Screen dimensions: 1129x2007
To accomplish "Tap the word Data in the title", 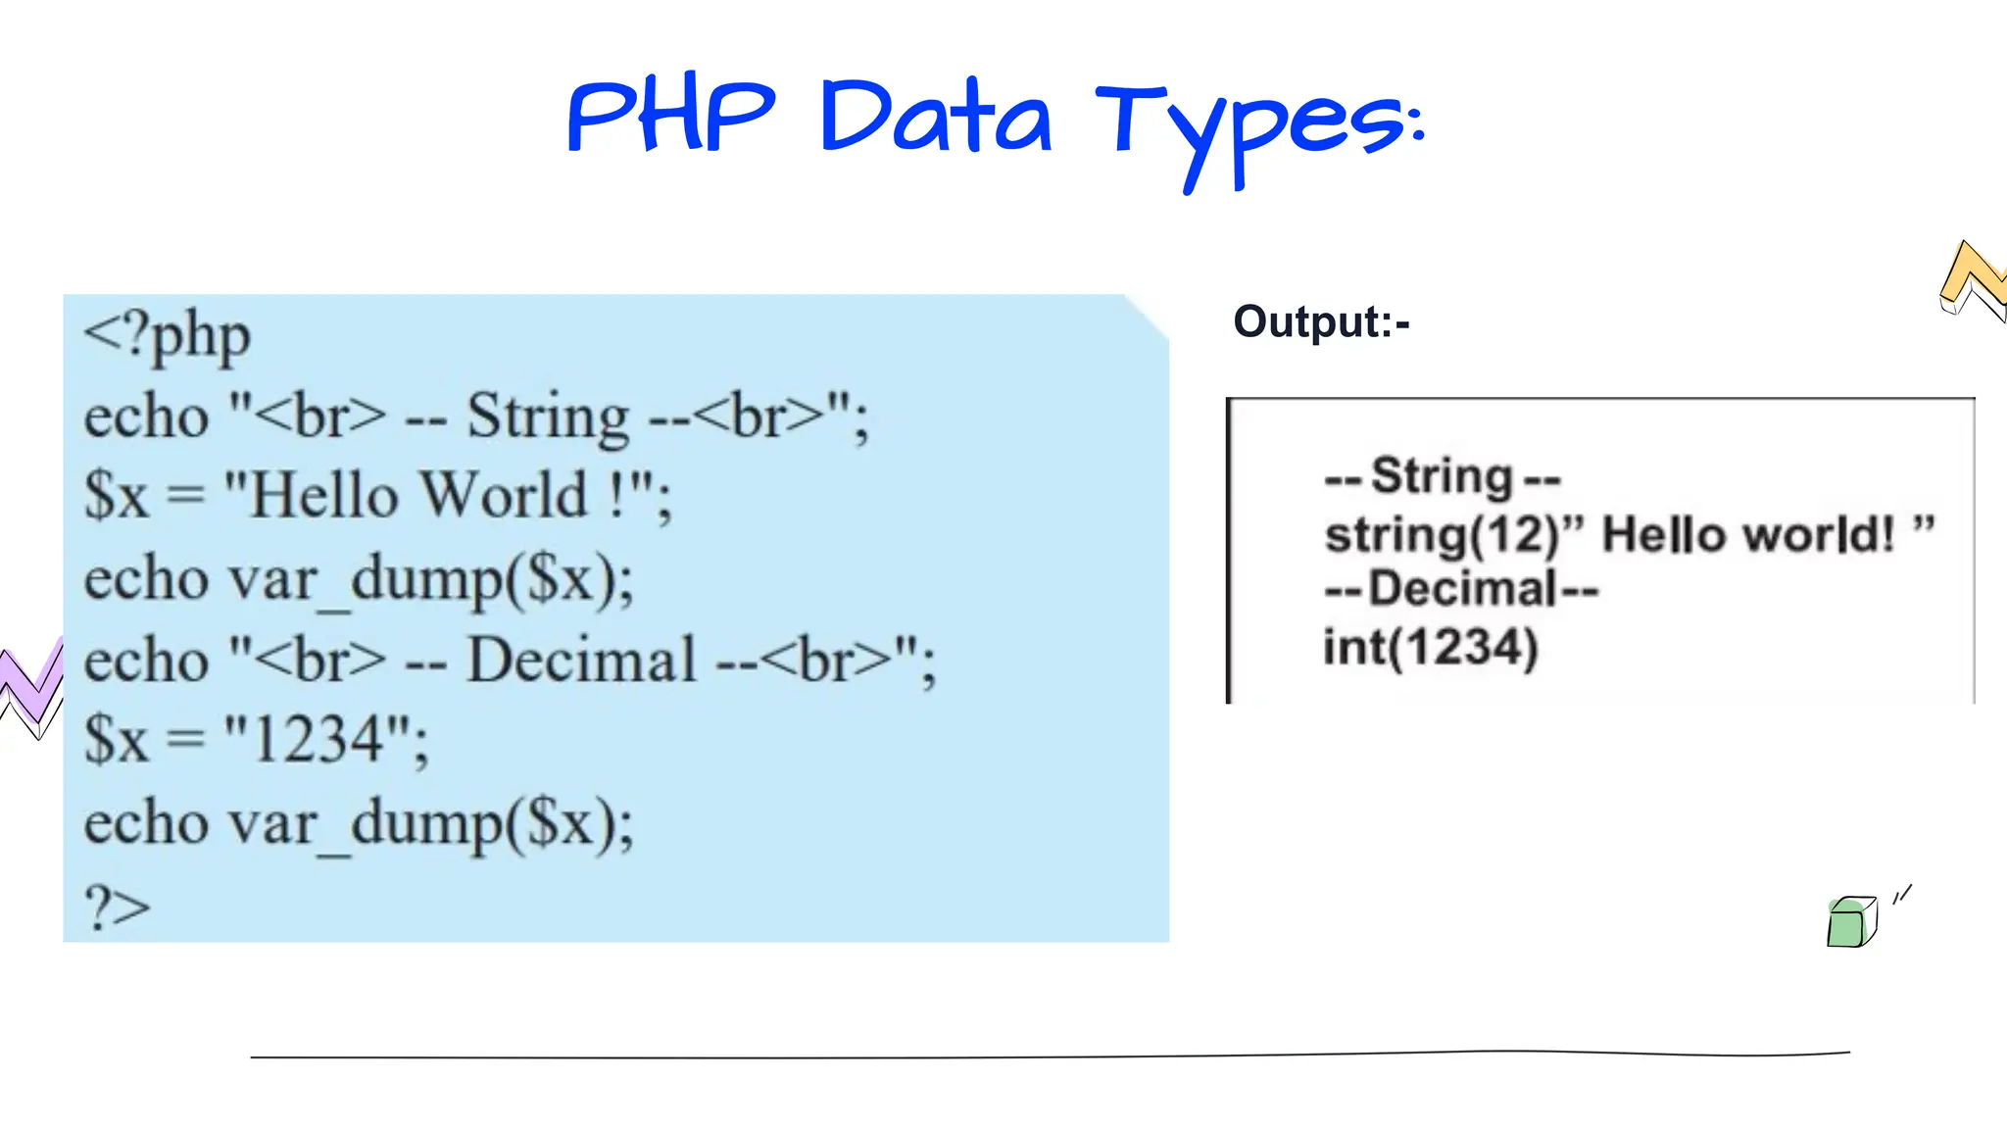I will [x=936, y=118].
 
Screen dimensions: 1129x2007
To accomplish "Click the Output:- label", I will [x=1321, y=322].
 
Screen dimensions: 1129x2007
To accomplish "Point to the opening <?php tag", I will [x=168, y=337].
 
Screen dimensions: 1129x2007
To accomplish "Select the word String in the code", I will [x=548, y=417].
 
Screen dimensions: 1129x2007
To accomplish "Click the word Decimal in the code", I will [x=582, y=660].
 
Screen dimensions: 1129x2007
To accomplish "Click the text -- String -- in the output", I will [x=1442, y=477].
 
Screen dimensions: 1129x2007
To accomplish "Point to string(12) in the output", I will [x=1442, y=535].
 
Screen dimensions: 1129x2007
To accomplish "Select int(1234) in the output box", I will [x=1431, y=648].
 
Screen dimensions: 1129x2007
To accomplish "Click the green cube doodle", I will [x=1850, y=922].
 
